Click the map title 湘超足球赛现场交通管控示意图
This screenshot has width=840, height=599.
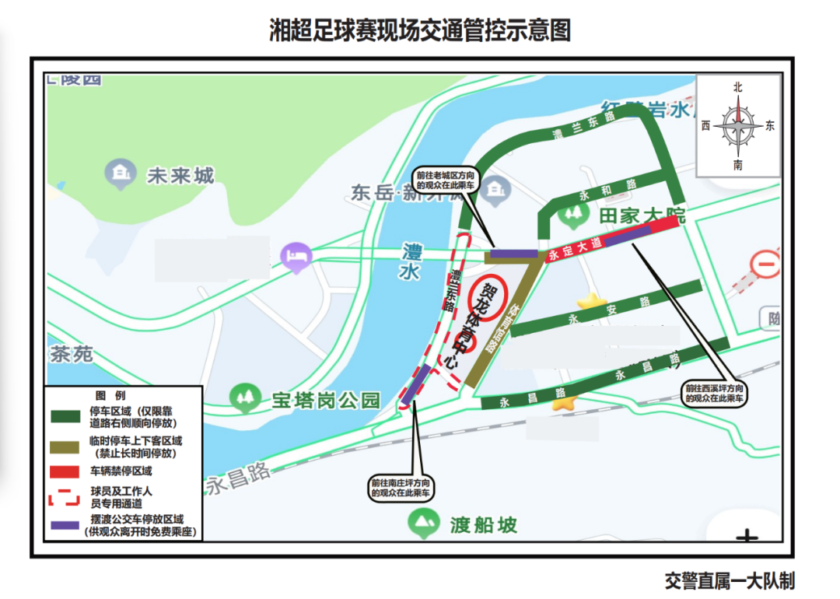point(420,30)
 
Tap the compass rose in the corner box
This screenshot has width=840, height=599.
point(738,126)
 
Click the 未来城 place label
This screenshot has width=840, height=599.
point(180,176)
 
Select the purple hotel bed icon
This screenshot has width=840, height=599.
point(296,256)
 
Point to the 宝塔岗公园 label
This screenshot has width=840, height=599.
point(326,400)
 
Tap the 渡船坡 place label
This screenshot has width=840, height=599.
point(483,525)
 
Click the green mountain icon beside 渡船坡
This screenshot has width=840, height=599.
point(423,524)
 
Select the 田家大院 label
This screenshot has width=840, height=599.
point(642,215)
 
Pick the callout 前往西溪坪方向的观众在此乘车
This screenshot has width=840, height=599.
point(715,392)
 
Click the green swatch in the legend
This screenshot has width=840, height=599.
point(65,417)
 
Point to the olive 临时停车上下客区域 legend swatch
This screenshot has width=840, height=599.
point(65,445)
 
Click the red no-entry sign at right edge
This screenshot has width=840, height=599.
point(765,265)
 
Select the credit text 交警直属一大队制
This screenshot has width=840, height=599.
point(730,580)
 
